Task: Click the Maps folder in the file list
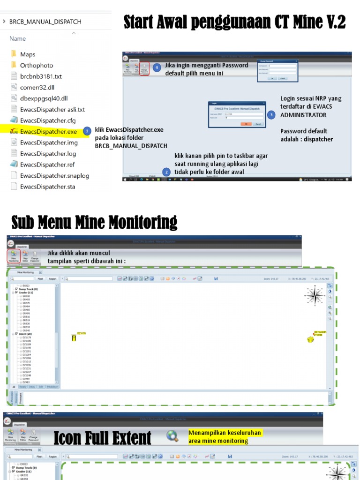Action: point(27,54)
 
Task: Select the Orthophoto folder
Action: point(36,66)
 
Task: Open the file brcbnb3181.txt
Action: point(40,76)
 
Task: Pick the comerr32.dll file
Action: point(37,87)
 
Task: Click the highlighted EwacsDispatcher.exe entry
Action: point(48,131)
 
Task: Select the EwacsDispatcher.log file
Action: point(48,153)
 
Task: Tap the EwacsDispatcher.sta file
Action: point(47,187)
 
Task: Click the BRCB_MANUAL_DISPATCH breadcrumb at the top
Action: point(45,22)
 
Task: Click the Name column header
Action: point(17,38)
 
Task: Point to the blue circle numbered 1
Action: point(87,131)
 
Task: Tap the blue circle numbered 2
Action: point(166,172)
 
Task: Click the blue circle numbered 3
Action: point(271,115)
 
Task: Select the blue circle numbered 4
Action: point(157,68)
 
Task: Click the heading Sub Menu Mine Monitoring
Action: point(94,222)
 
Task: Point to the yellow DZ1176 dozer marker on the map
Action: point(74,337)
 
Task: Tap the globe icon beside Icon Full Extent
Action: point(172,437)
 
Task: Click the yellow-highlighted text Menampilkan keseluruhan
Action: point(224,433)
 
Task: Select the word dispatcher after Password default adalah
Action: point(316,139)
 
